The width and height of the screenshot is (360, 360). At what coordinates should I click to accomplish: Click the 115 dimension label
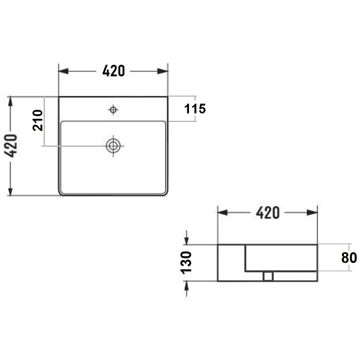point(195,109)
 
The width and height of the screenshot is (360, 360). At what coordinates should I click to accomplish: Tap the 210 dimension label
point(38,120)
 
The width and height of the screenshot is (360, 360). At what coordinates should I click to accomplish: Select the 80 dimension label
point(349,257)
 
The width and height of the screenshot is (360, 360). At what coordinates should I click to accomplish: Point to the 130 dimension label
point(186,263)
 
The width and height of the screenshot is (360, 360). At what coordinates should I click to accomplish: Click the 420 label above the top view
point(113,71)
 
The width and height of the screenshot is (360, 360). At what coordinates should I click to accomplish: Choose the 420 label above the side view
point(268,213)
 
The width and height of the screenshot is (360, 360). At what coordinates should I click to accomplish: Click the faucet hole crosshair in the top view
point(113,110)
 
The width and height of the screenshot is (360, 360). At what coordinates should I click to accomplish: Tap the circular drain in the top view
point(113,145)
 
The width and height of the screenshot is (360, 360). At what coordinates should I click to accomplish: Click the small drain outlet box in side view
point(268,276)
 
